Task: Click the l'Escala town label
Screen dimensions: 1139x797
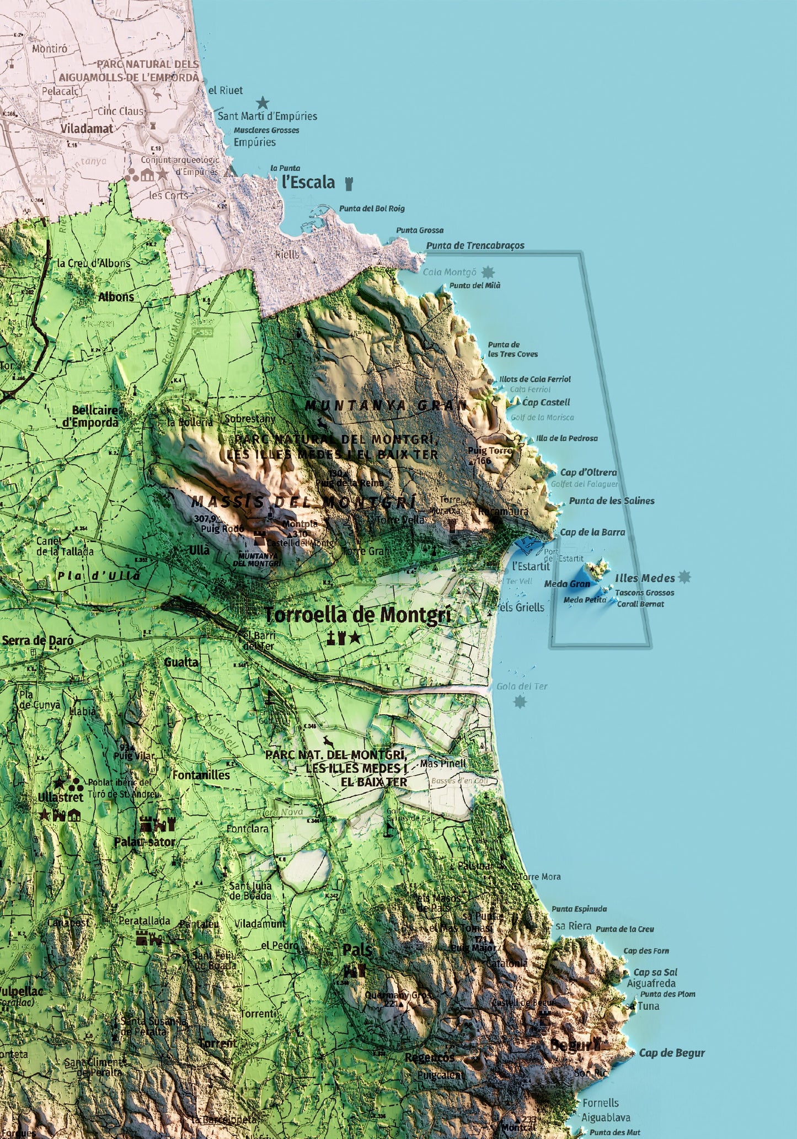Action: (308, 182)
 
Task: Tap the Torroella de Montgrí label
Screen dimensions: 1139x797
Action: (357, 615)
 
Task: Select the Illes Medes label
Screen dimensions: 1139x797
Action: (645, 578)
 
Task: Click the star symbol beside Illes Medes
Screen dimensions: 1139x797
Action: (684, 577)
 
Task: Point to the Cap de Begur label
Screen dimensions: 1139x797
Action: (672, 1053)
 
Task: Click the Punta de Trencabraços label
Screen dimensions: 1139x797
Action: (475, 246)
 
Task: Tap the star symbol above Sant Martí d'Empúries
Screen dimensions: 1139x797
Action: (263, 103)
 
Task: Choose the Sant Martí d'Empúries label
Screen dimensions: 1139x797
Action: (268, 116)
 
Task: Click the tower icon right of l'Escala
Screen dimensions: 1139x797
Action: (349, 183)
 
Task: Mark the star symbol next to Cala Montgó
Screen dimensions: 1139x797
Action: (488, 272)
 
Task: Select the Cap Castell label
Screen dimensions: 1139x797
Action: (546, 402)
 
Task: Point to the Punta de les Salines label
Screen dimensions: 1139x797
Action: (612, 501)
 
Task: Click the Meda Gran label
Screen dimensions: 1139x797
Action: (567, 584)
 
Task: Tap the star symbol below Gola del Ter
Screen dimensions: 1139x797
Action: (520, 702)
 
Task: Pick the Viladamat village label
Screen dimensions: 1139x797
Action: (87, 129)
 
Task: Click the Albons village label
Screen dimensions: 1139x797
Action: (116, 297)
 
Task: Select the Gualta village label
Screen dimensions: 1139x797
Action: (181, 662)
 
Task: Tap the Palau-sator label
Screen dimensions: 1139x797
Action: (145, 842)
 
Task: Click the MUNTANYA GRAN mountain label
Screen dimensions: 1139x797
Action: (386, 406)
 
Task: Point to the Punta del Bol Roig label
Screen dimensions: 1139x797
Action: (372, 209)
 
